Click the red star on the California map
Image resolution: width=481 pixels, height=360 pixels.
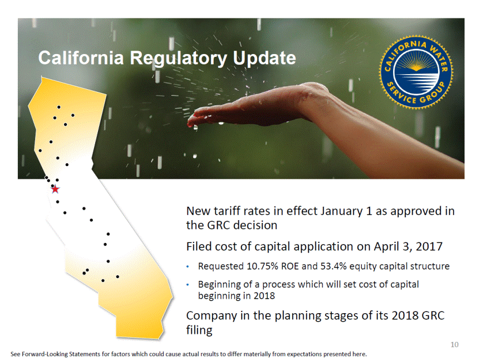55,189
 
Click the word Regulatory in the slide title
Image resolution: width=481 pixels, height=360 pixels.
178,59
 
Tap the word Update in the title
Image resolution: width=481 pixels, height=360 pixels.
264,59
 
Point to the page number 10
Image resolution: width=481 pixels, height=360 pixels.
454,344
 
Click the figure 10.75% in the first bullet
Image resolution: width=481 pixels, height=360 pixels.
262,266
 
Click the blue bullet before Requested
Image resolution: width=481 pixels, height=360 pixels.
188,266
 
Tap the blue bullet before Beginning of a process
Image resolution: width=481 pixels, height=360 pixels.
188,285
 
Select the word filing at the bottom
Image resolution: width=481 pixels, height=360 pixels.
199,330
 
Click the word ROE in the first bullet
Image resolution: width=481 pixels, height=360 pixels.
290,266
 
